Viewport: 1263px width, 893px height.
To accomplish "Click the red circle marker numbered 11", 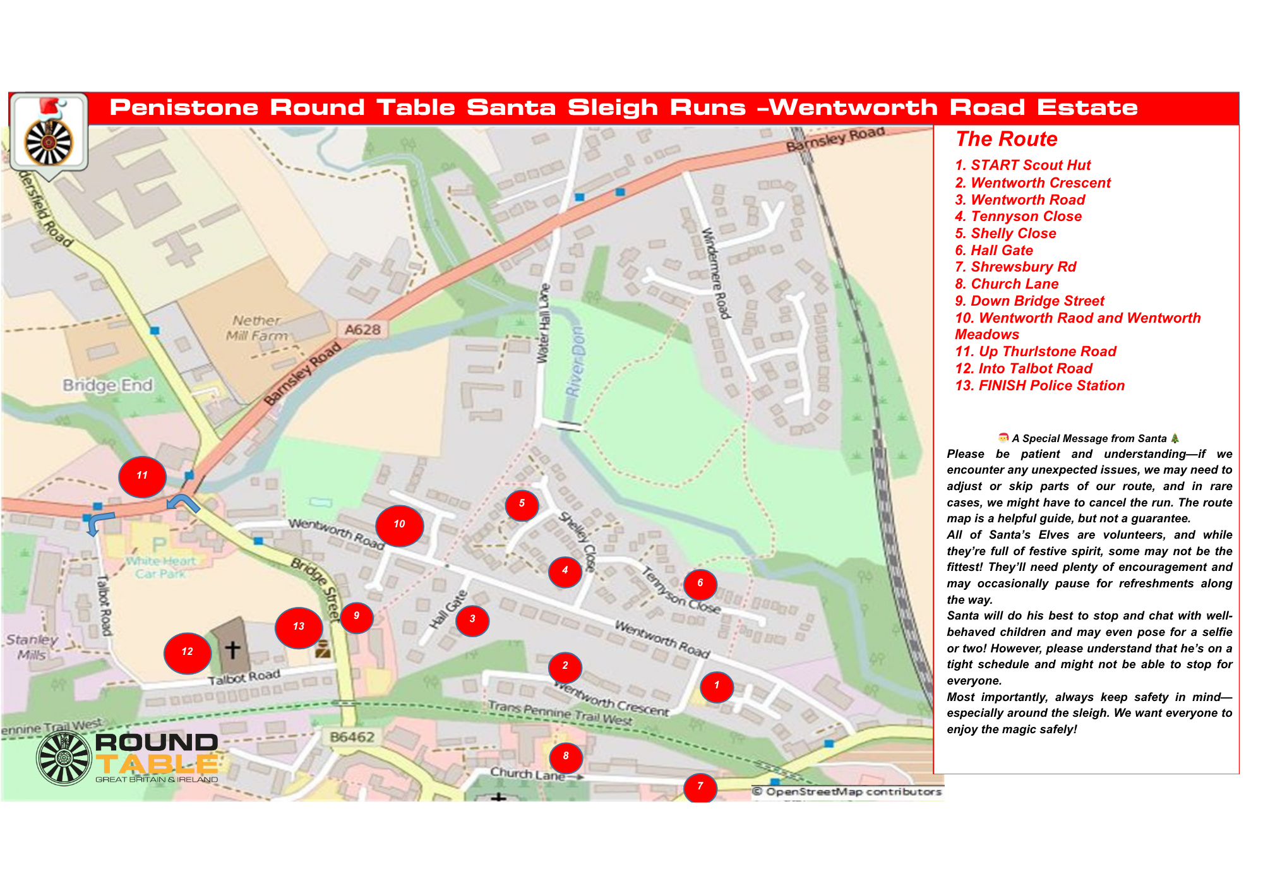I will tap(142, 477).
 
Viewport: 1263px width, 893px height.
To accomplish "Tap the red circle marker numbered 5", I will tap(522, 505).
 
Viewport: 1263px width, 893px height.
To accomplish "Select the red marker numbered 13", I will tap(299, 627).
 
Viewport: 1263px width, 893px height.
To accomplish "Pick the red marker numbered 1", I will tap(717, 686).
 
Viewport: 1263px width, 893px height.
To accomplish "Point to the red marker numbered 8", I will tap(566, 757).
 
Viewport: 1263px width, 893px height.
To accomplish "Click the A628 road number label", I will tap(362, 330).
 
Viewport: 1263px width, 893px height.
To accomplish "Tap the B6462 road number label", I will tap(352, 737).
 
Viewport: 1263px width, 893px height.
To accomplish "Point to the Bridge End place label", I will tap(107, 385).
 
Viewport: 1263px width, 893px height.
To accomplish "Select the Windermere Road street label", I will tap(716, 273).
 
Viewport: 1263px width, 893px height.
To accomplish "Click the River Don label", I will tap(575, 362).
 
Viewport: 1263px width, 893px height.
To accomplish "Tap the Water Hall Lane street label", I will tap(543, 323).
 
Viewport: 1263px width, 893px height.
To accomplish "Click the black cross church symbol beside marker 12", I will tap(232, 650).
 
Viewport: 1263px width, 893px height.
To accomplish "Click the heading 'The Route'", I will tap(1006, 139).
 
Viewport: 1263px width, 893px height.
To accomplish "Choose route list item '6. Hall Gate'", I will tap(994, 251).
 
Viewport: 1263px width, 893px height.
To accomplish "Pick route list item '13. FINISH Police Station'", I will tap(1039, 386).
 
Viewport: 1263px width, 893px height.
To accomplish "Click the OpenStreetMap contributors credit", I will tap(847, 792).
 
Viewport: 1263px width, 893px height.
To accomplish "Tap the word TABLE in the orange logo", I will tap(157, 764).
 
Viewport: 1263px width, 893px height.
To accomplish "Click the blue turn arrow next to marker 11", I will tap(183, 503).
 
